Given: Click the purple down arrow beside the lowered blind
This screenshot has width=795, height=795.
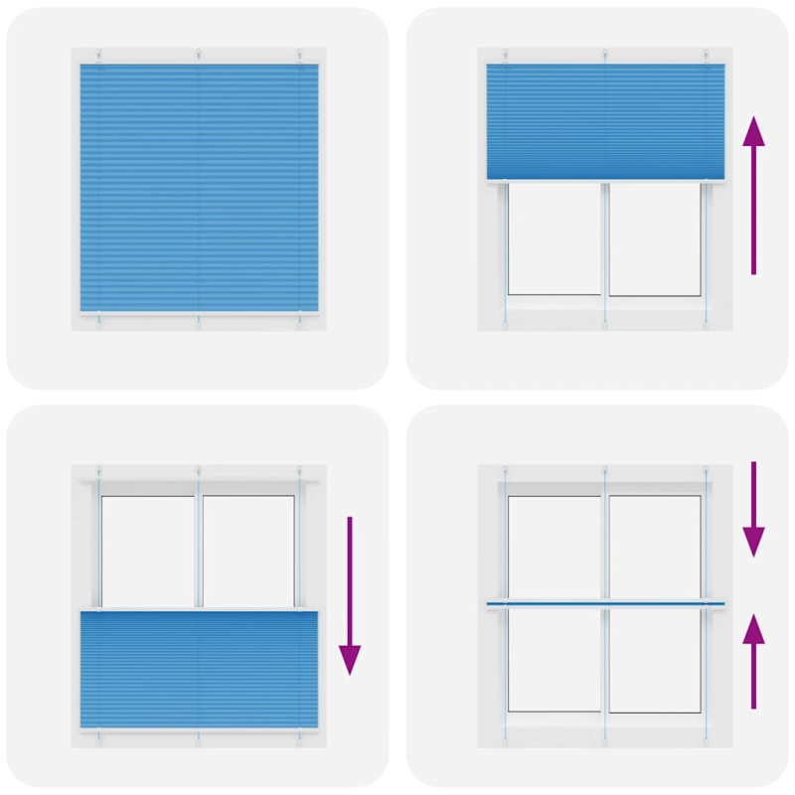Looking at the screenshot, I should click(x=350, y=596).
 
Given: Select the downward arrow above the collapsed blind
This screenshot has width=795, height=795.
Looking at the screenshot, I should click(x=754, y=507).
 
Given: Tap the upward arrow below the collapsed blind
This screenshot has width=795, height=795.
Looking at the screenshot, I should click(x=754, y=661).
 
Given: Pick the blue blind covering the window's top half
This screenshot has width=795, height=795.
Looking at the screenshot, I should click(x=605, y=121).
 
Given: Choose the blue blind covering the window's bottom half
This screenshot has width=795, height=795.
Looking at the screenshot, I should click(x=199, y=671).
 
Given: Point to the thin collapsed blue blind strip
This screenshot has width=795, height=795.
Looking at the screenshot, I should click(x=605, y=603).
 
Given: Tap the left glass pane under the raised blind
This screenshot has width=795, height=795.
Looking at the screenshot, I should click(x=555, y=238).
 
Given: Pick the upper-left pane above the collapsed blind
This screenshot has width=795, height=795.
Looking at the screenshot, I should click(x=555, y=547).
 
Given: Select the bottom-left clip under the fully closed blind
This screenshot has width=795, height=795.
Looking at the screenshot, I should click(x=98, y=322).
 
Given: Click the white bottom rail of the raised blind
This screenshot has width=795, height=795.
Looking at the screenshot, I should click(x=605, y=181).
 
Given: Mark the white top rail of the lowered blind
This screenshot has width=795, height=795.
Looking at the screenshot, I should click(x=199, y=608).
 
